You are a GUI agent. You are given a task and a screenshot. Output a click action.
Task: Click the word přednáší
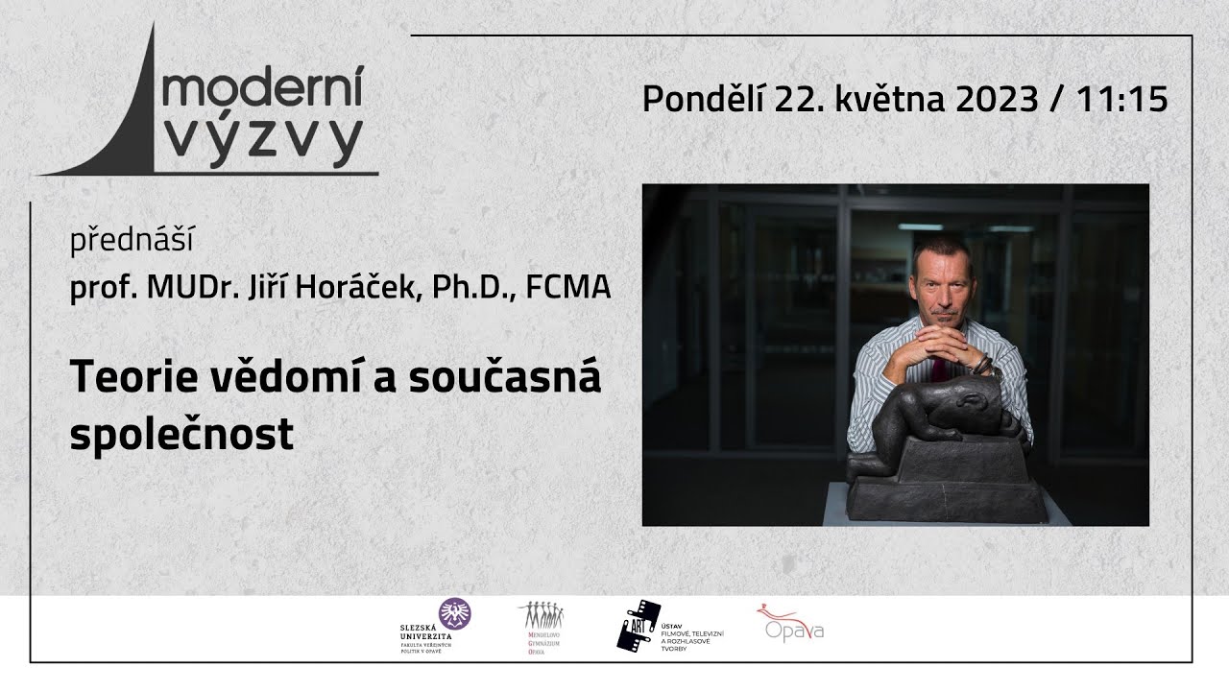point(132,241)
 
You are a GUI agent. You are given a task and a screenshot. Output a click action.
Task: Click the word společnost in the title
point(181,435)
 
